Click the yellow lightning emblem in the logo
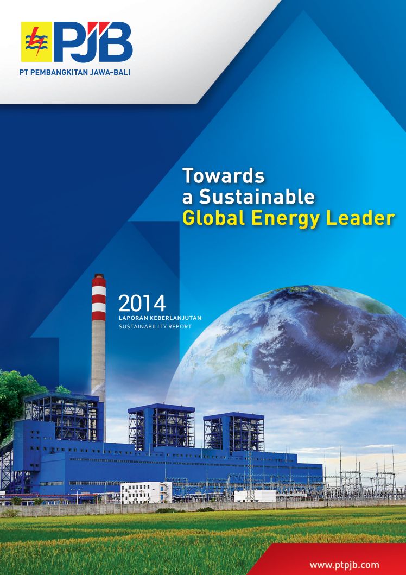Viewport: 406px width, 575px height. [x=37, y=42]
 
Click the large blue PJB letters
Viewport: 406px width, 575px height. [x=93, y=42]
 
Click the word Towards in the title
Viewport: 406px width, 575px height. [x=224, y=176]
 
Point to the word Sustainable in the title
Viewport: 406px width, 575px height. [x=257, y=197]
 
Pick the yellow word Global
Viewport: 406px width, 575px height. [x=214, y=218]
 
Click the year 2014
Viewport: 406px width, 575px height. [x=142, y=304]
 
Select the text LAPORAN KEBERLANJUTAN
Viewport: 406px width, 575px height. [x=160, y=318]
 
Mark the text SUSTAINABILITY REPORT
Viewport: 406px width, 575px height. [x=155, y=326]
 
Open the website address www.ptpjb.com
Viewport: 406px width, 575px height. [x=344, y=565]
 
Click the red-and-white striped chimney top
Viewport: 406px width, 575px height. [x=99, y=298]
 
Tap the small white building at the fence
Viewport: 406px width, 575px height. [x=146, y=492]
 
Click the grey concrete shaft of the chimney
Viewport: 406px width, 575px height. [x=98, y=367]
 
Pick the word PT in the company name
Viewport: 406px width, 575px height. [x=23, y=72]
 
